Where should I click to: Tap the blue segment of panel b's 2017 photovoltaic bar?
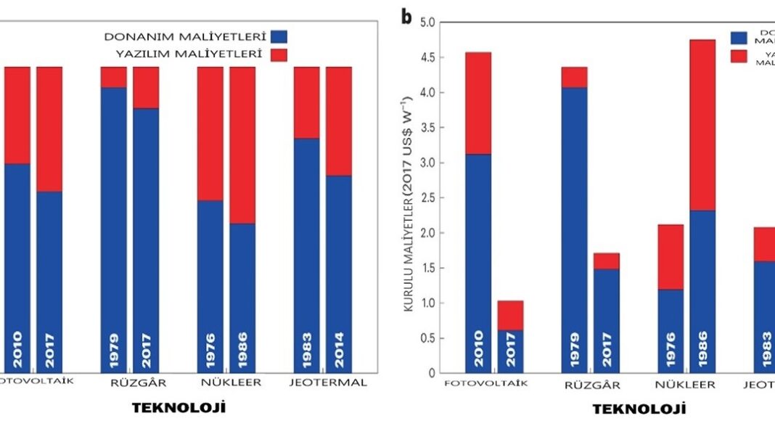(x=510, y=351)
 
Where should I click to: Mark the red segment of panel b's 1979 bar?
(x=575, y=77)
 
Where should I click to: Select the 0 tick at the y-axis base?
(x=429, y=373)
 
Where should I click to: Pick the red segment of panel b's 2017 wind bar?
(x=607, y=261)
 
